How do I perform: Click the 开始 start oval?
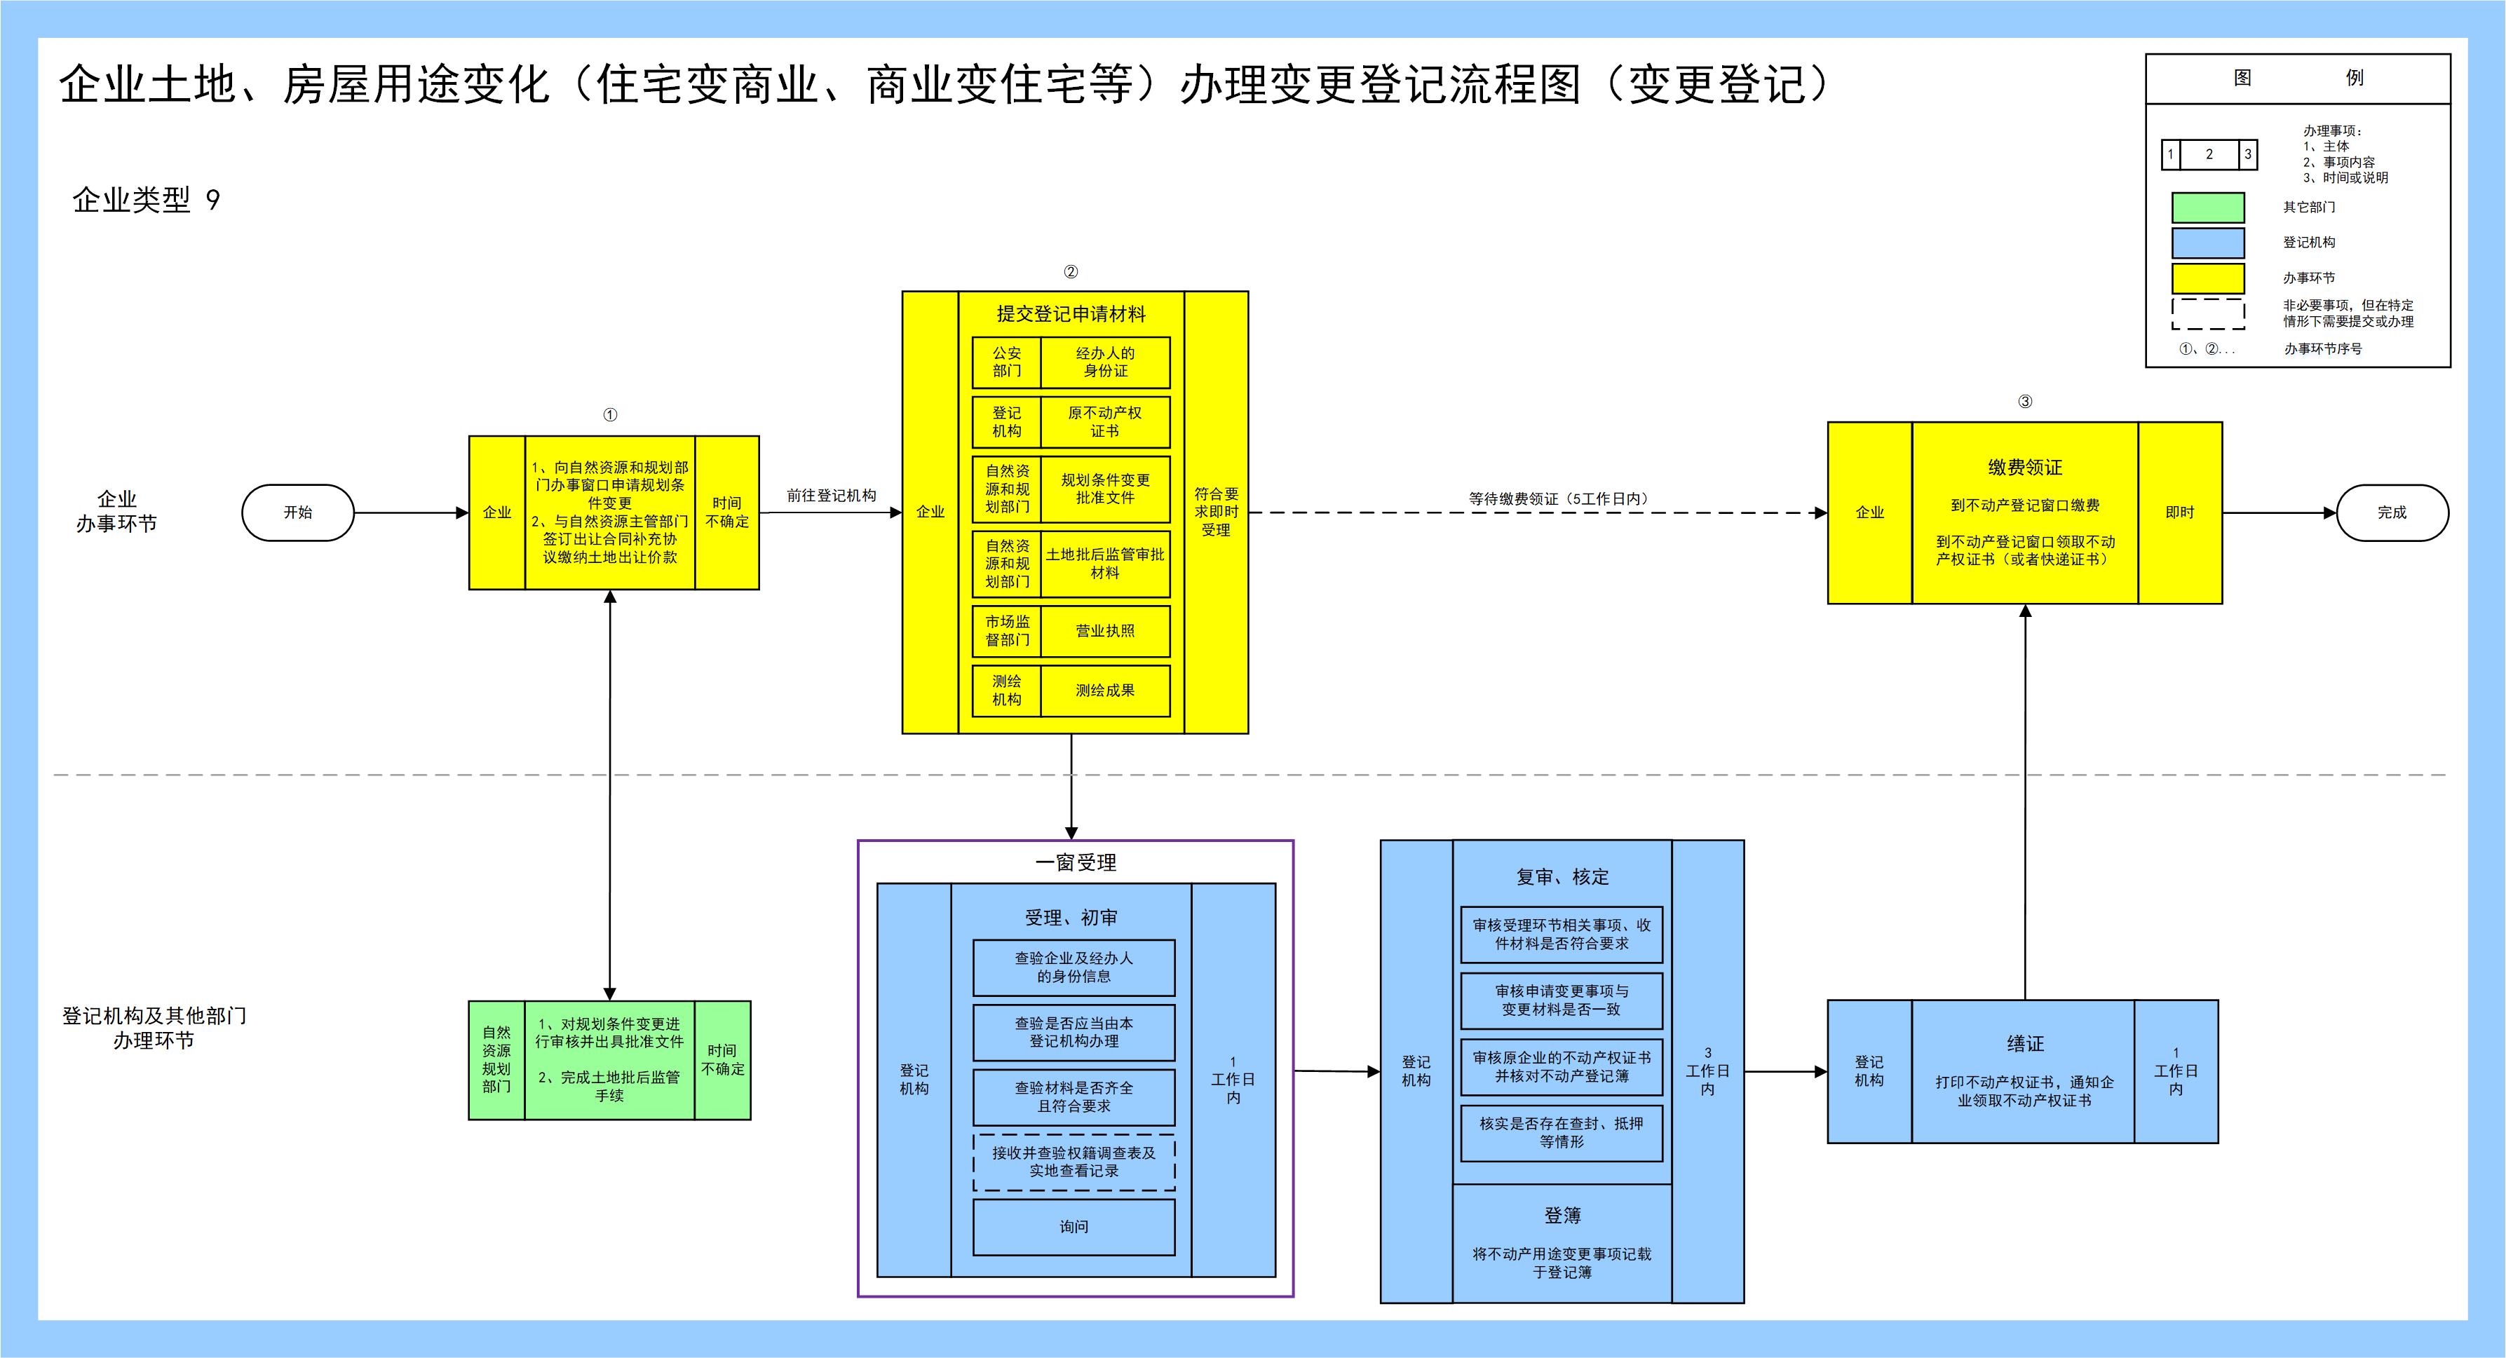298,512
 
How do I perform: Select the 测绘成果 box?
1105,691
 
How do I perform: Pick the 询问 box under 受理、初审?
1074,1228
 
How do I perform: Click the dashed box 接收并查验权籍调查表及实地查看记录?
1074,1162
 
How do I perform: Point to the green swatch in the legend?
2208,208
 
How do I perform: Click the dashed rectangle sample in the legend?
2208,314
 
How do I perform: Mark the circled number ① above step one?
610,415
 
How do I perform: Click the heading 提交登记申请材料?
1071,314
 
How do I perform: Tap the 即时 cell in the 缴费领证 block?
2180,512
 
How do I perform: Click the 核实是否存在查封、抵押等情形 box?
1562,1133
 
